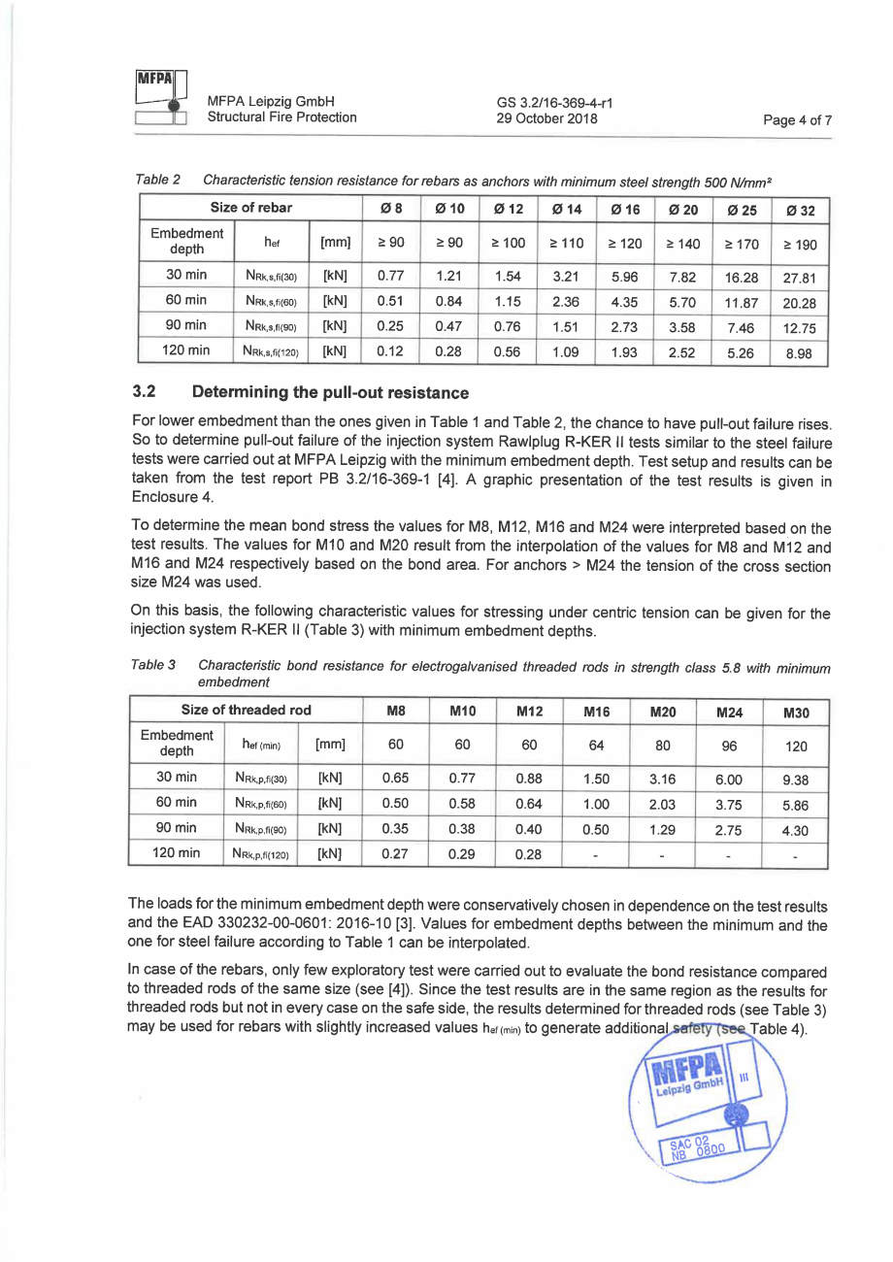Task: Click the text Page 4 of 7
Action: click(x=798, y=120)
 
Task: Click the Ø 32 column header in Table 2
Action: click(x=800, y=212)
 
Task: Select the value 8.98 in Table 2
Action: click(x=800, y=353)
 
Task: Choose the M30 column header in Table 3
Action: click(x=795, y=713)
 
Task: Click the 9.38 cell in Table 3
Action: click(x=795, y=779)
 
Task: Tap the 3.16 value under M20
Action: click(x=661, y=778)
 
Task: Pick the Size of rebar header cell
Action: click(x=251, y=209)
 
